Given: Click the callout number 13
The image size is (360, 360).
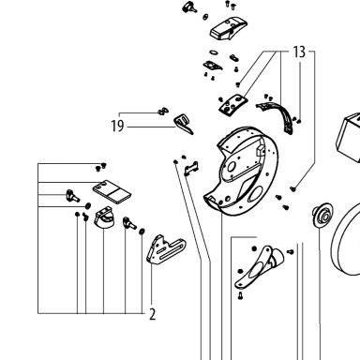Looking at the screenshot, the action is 299,52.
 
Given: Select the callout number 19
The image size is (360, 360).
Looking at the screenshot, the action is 117,127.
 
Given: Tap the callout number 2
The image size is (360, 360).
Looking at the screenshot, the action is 152,314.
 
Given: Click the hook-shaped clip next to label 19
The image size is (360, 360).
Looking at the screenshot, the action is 184,123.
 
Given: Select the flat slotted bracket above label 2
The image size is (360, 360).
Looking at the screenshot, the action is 166,250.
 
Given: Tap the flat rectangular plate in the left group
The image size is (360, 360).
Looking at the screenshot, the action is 112,191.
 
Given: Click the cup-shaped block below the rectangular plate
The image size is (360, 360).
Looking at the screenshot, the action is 104,217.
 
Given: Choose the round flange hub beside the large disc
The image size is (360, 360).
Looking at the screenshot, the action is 322,215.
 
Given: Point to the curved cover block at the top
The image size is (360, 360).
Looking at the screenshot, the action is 229,28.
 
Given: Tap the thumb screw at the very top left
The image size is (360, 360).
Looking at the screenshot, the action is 189,7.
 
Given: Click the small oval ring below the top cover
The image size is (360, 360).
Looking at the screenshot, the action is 214,52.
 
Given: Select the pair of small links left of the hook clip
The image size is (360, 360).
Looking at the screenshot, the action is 163,111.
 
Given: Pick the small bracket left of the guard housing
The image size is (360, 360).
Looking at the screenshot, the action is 191,168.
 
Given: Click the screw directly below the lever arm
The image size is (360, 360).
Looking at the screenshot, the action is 240,295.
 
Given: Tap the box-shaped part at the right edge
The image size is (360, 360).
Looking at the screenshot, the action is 348,138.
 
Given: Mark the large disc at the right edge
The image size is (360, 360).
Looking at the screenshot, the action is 345,241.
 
